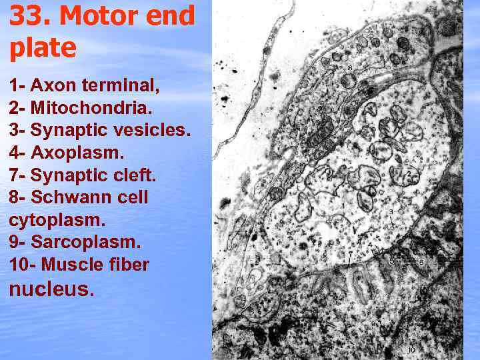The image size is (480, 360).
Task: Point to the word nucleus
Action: pyautogui.click(x=51, y=289)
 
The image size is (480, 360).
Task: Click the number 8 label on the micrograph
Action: pyautogui.click(x=350, y=67)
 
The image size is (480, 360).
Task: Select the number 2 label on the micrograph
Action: pyautogui.click(x=409, y=174)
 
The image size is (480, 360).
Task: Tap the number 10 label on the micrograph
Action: pyautogui.click(x=411, y=349)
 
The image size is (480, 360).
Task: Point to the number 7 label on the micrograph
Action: pyautogui.click(x=351, y=254)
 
